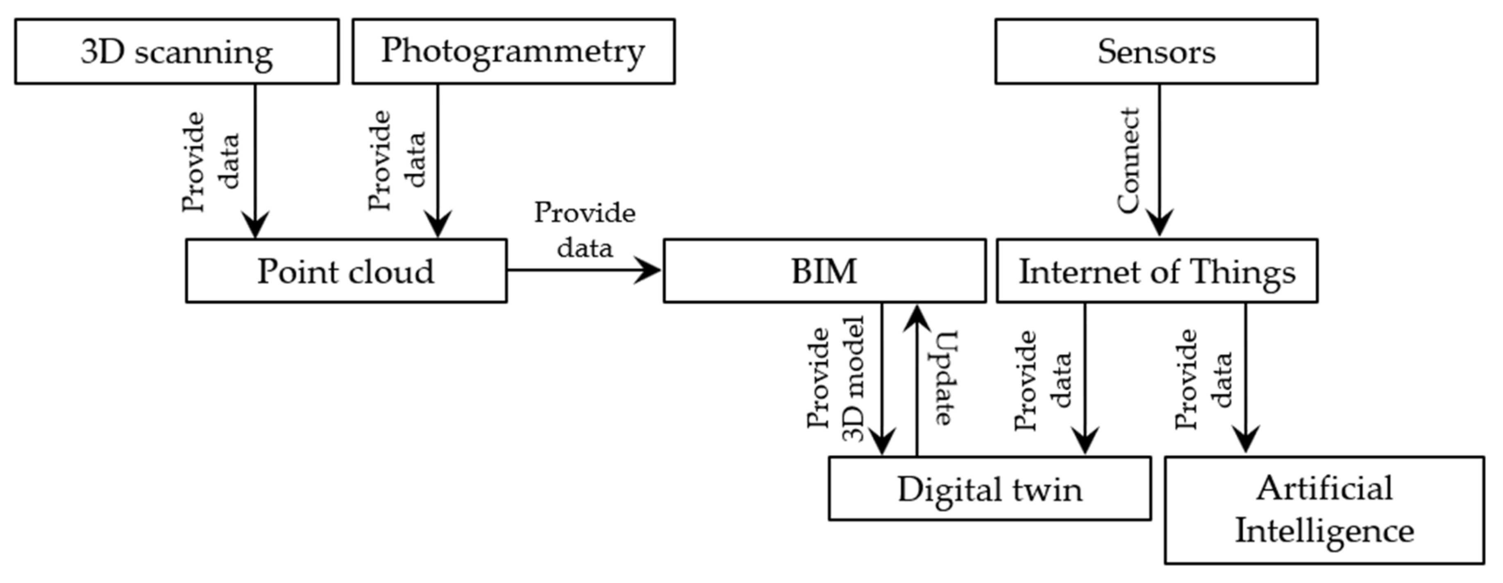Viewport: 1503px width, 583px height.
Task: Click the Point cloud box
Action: pyautogui.click(x=346, y=271)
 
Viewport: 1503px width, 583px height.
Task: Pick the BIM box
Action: pyautogui.click(x=824, y=271)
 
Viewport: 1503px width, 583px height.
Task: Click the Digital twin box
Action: pyautogui.click(x=990, y=488)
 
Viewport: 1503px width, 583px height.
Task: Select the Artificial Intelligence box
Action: pyautogui.click(x=1324, y=510)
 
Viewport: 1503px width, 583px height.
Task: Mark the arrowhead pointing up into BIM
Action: pyautogui.click(x=917, y=318)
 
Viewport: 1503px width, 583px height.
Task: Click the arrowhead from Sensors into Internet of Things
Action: pyautogui.click(x=1159, y=224)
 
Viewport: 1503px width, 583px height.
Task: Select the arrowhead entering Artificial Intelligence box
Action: pyautogui.click(x=1246, y=440)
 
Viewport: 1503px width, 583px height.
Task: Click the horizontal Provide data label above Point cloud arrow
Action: pyautogui.click(x=585, y=230)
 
